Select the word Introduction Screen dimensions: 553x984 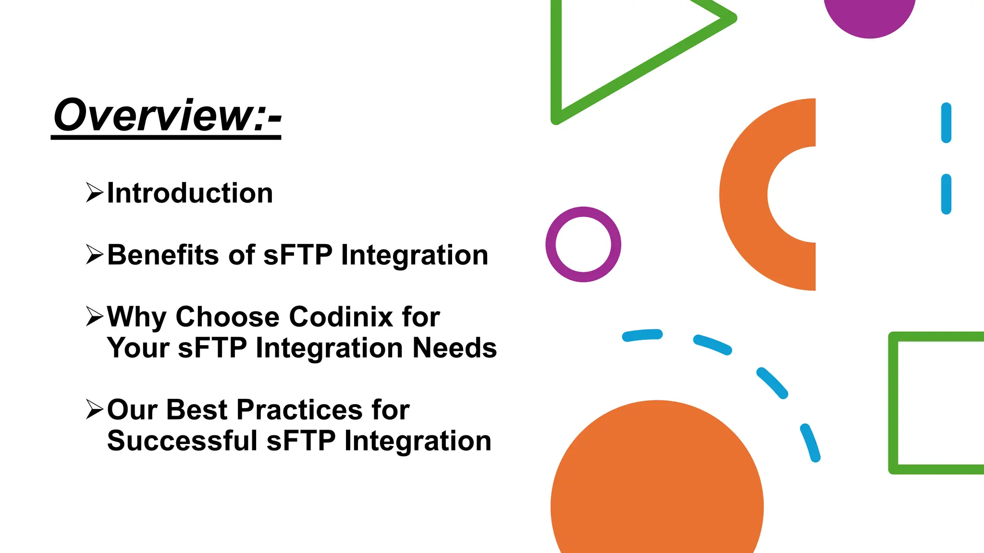(x=190, y=193)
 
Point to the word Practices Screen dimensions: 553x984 (x=299, y=410)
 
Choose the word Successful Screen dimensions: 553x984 (x=182, y=441)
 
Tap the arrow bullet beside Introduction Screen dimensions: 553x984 (x=94, y=192)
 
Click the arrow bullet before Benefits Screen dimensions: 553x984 (x=94, y=254)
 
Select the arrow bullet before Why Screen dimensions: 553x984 (x=94, y=316)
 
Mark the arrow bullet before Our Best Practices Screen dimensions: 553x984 (x=94, y=409)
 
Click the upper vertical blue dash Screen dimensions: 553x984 (x=946, y=122)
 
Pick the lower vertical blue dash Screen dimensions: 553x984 (x=946, y=194)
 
